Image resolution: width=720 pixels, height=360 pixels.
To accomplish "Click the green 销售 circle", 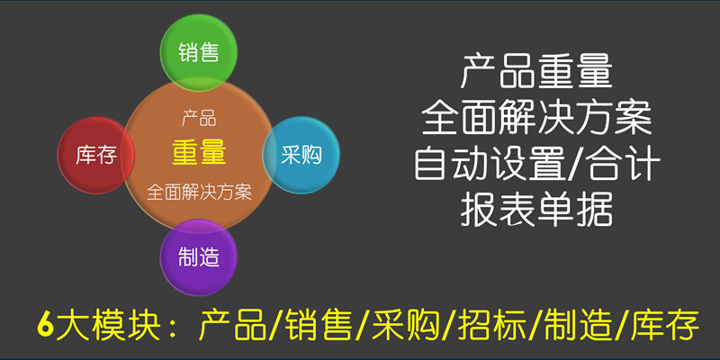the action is (198, 52).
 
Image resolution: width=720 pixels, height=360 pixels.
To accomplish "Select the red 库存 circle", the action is (96, 155).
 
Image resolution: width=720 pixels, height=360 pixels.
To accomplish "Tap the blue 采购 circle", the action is (301, 155).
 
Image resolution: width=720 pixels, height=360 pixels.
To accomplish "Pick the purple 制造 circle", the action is (198, 257).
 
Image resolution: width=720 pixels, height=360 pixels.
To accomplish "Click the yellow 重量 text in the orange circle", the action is (199, 153).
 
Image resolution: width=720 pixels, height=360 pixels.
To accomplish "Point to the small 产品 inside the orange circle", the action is (199, 119).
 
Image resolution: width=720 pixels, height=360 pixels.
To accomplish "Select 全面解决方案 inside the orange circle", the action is (199, 192).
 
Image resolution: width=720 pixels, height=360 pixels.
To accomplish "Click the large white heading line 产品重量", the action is (536, 71).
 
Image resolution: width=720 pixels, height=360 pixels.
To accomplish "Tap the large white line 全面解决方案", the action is (536, 118).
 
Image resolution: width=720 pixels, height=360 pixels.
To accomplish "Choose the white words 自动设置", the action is (490, 164).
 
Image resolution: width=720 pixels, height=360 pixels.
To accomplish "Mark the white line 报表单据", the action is (536, 211).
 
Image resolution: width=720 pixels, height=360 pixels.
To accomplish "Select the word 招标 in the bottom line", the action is (494, 325).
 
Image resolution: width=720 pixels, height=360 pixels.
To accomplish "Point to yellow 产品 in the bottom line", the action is (233, 325).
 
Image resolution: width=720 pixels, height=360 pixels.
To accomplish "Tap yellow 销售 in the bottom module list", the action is (320, 325).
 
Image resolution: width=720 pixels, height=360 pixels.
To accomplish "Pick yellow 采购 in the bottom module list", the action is (408, 325).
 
